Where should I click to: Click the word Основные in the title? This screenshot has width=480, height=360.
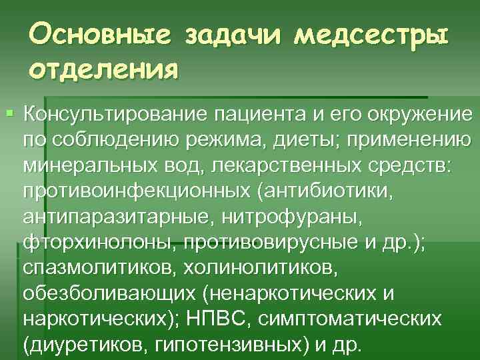pos(94,33)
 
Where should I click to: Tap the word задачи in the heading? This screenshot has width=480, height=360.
pos(225,33)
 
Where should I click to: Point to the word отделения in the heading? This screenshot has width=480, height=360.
pos(103,68)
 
